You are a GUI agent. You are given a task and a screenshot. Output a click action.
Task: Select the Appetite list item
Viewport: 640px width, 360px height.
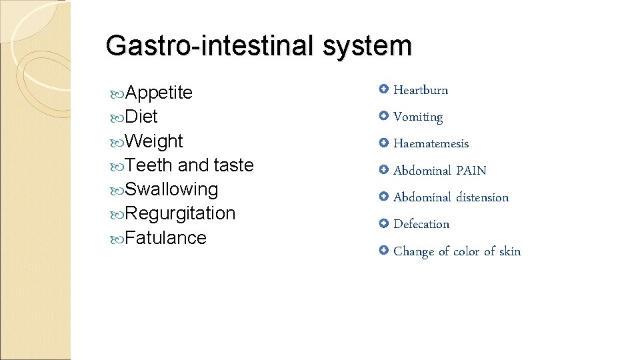(159, 93)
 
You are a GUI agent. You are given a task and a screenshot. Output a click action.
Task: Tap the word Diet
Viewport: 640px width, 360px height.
(141, 117)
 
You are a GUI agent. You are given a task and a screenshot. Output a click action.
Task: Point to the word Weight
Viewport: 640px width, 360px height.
(153, 141)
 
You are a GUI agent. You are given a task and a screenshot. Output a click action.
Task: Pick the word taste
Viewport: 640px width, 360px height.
(233, 165)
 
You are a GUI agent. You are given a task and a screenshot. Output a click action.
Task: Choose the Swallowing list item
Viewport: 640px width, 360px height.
(171, 189)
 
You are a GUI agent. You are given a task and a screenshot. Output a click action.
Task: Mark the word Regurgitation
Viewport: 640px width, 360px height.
(180, 213)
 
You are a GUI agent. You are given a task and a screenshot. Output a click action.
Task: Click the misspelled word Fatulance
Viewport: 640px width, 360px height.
(165, 238)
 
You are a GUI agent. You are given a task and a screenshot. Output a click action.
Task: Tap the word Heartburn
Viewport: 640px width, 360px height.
(421, 90)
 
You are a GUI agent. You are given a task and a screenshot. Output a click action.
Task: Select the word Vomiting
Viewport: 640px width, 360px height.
(418, 117)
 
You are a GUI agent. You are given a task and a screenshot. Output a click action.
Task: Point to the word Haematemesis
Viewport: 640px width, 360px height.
(431, 144)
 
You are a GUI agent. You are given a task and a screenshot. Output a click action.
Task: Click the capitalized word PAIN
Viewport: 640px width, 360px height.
(471, 171)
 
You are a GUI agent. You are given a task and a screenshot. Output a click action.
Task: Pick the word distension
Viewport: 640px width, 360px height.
(482, 197)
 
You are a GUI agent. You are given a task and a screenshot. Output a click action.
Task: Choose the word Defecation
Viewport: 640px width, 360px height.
(421, 224)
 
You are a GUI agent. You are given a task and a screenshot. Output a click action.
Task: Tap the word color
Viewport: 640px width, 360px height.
(466, 251)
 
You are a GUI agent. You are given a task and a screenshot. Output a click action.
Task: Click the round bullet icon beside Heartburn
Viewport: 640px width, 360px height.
(383, 89)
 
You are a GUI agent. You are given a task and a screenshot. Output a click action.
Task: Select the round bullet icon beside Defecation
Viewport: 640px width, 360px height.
(383, 223)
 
